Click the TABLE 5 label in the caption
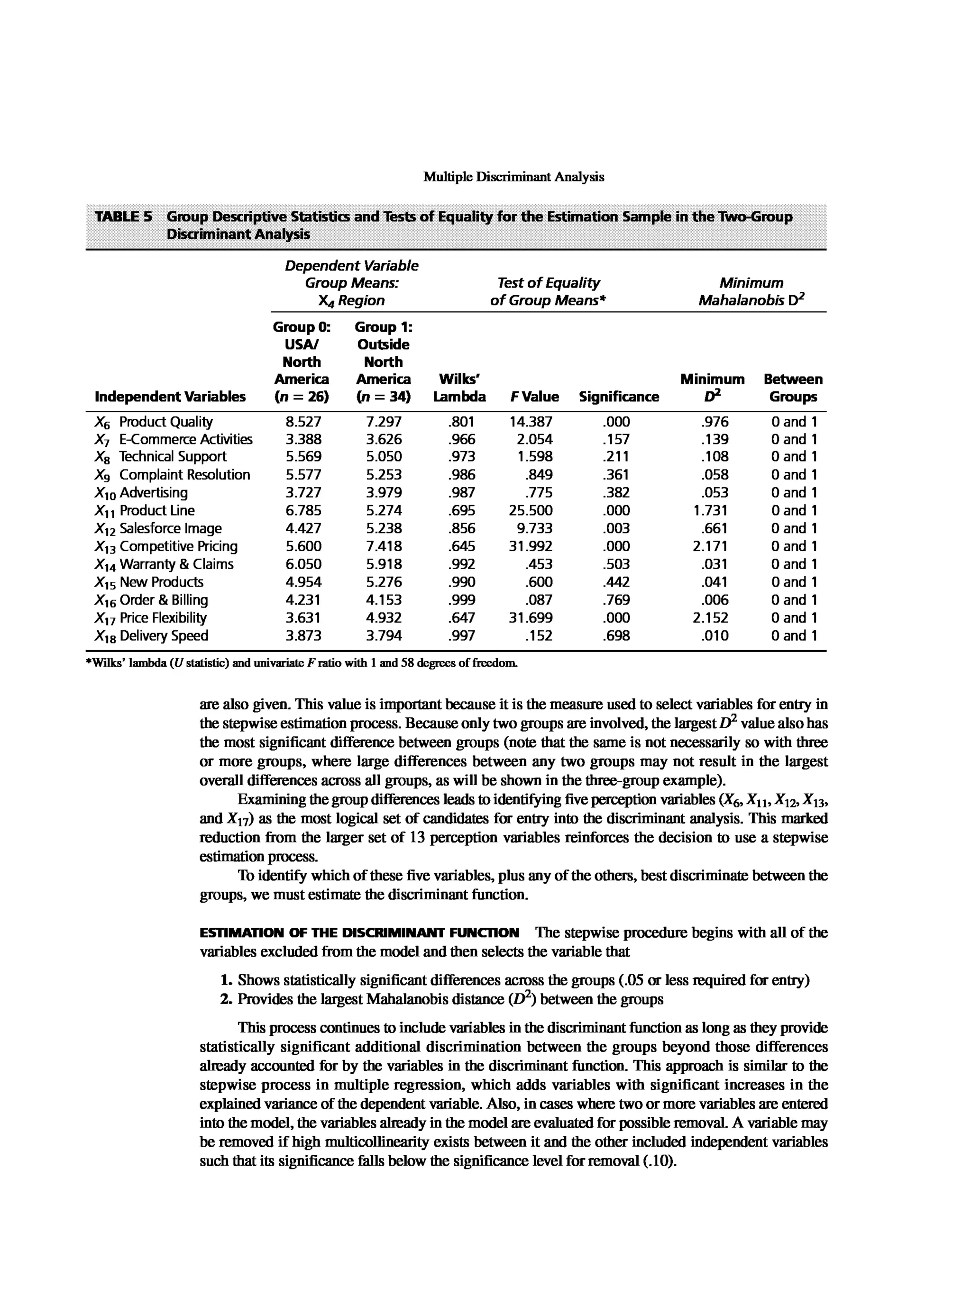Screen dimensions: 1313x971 tap(123, 217)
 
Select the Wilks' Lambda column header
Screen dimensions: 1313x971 tap(459, 388)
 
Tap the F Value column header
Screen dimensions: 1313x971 tap(534, 397)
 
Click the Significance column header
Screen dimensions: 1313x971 tap(618, 397)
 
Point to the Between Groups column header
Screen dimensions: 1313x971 tap(793, 388)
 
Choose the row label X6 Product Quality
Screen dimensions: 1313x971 tap(154, 422)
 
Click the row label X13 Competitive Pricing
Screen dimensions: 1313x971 tap(166, 546)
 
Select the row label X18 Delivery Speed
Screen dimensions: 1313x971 tap(152, 635)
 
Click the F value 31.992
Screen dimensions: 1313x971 tap(530, 546)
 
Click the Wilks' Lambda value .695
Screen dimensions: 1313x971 tap(461, 510)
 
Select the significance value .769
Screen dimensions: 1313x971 tap(615, 600)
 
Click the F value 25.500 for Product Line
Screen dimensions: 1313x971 tap(530, 510)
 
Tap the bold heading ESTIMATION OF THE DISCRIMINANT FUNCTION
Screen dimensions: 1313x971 tap(359, 933)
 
